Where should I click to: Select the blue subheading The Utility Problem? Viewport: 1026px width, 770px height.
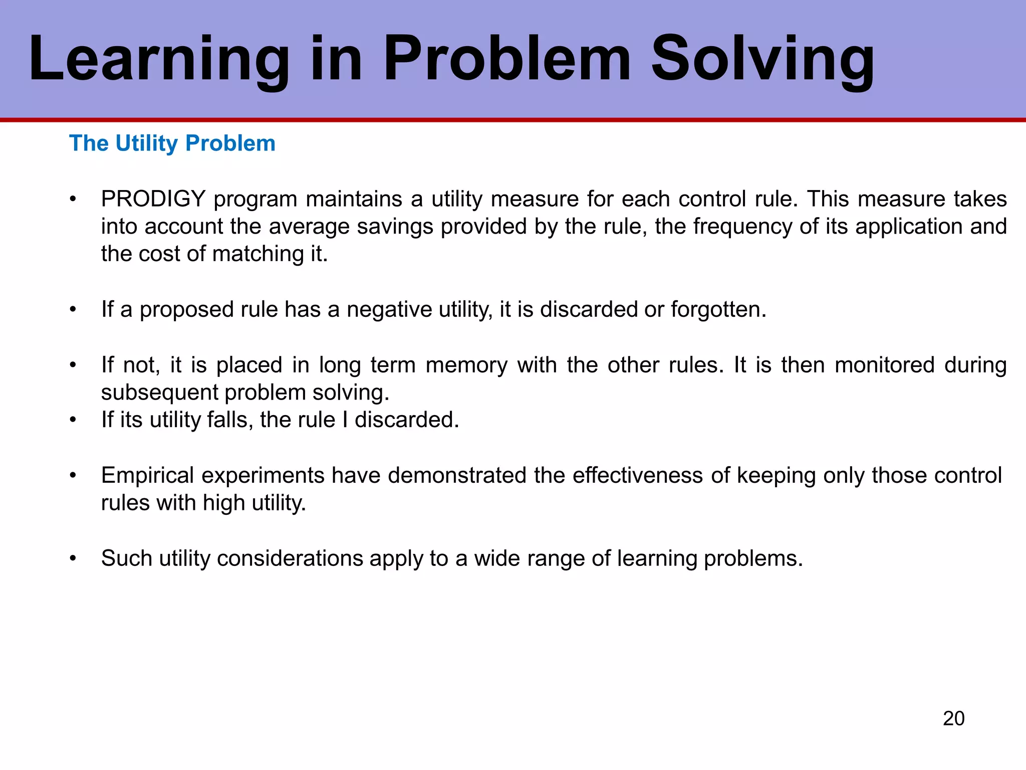coord(172,143)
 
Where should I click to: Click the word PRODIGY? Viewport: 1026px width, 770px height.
coord(153,199)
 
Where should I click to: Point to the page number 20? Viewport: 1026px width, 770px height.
coord(953,718)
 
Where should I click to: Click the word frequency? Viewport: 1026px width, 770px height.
coord(742,227)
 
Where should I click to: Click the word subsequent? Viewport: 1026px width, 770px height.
coord(159,393)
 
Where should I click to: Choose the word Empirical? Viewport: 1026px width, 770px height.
coord(147,475)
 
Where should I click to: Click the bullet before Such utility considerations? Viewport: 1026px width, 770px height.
coord(73,558)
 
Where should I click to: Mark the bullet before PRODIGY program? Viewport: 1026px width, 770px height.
coord(73,200)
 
